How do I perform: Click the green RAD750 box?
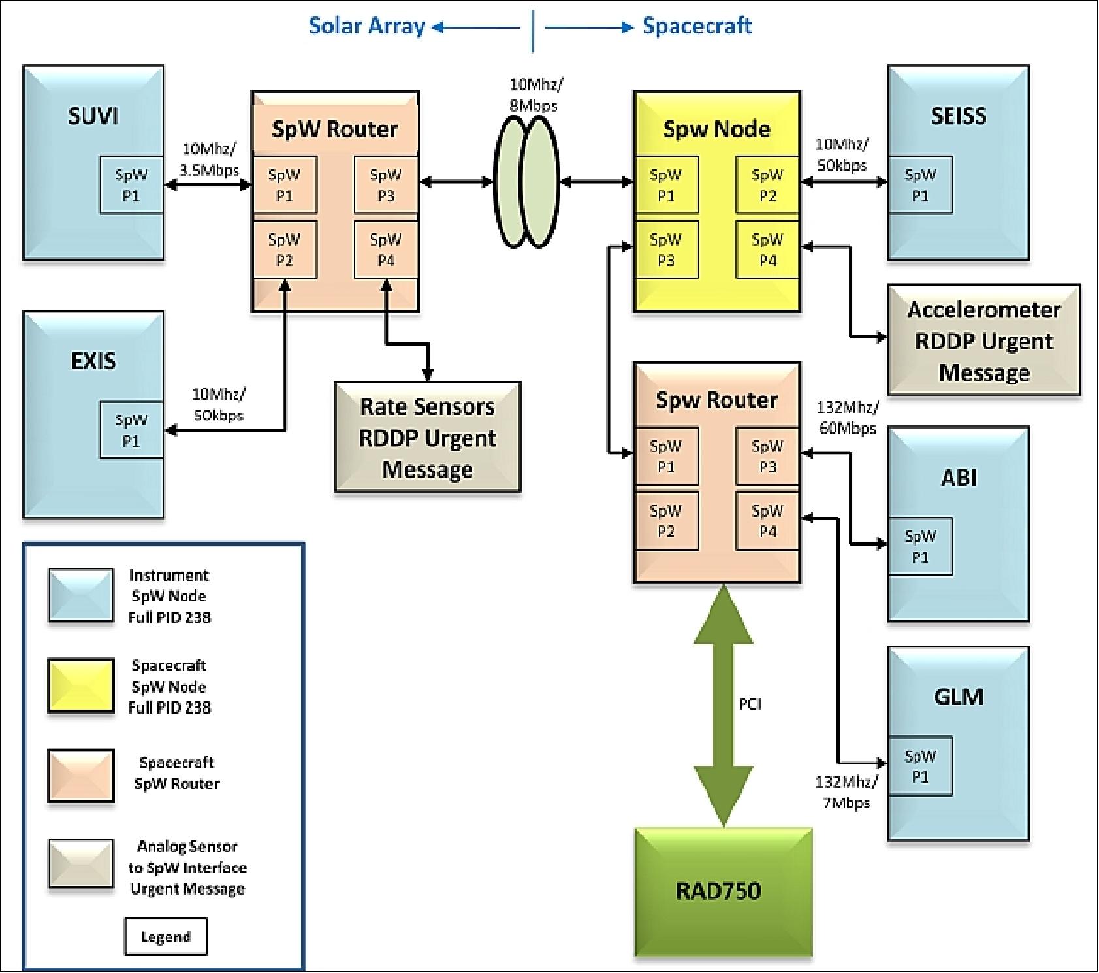[x=724, y=891]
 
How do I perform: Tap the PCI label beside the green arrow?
[x=750, y=704]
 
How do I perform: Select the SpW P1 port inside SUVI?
[x=131, y=185]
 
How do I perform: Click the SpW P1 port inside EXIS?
[x=131, y=430]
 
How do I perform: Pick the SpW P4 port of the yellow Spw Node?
[x=767, y=250]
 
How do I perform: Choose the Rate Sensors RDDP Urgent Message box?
[x=428, y=437]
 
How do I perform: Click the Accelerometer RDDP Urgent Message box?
[x=983, y=340]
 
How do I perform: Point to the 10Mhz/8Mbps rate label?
[x=535, y=95]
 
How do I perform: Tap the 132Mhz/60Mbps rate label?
[x=847, y=418]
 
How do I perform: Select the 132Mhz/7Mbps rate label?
[x=846, y=792]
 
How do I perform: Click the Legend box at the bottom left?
[x=166, y=936]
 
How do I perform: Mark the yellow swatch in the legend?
[x=81, y=685]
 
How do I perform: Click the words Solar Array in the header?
[x=366, y=26]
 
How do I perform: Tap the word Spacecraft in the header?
[x=697, y=26]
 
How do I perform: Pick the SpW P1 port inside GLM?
[x=919, y=766]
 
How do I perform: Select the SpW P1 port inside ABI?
[x=919, y=546]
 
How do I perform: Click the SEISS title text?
[x=958, y=116]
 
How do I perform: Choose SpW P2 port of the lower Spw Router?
[x=665, y=521]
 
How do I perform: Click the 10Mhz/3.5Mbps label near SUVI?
[x=209, y=159]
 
